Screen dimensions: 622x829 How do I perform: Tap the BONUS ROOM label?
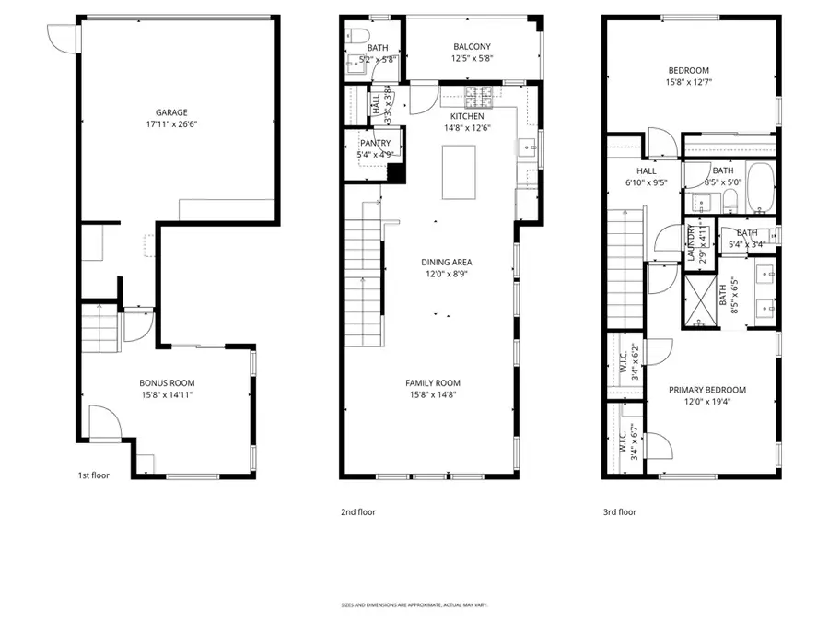167,382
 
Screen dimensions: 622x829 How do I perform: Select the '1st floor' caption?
94,476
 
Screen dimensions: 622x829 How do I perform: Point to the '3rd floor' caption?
620,511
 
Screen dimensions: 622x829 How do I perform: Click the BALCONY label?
472,47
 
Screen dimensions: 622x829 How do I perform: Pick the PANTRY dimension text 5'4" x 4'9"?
375,155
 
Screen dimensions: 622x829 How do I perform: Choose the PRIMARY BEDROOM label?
706,390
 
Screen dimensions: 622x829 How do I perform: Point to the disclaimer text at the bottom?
414,605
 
